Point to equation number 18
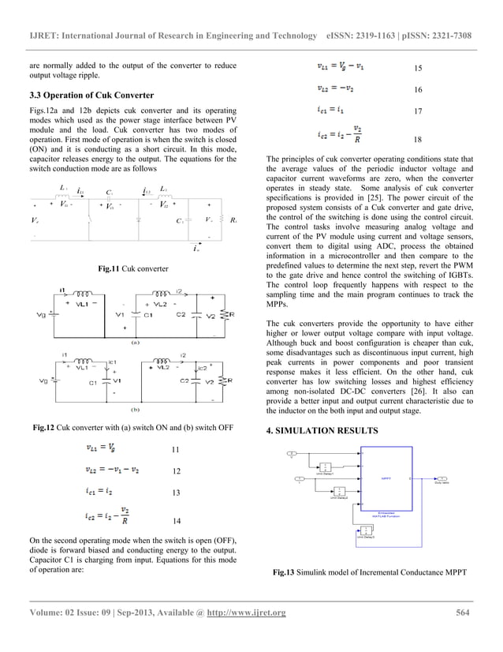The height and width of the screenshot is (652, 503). pyautogui.click(x=417, y=139)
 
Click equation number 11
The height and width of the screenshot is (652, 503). pyautogui.click(x=175, y=450)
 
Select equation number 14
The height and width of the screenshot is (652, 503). pyautogui.click(x=175, y=522)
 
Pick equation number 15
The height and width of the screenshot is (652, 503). pyautogui.click(x=418, y=69)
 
